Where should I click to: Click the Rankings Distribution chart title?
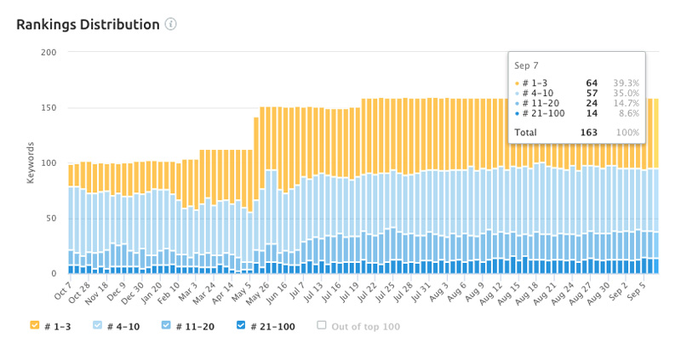88,24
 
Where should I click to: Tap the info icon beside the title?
171,24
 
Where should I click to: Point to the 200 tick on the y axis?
49,53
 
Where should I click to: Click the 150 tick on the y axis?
49,108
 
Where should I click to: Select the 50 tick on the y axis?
50,219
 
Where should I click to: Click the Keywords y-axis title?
31,163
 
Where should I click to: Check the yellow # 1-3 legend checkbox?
35,325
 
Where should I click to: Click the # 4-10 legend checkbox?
98,325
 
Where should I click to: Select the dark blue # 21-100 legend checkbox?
242,325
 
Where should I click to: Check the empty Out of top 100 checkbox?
322,325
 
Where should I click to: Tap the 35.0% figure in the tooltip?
627,93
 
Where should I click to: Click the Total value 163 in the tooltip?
589,132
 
